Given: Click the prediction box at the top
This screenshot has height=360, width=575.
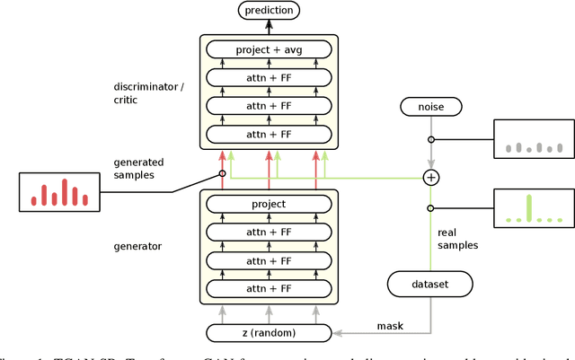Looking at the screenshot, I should (269, 11).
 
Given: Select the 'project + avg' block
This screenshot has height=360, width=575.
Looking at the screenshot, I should (269, 49).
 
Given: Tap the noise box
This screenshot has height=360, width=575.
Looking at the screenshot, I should (431, 107).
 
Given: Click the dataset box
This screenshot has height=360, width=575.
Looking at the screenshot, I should (430, 285).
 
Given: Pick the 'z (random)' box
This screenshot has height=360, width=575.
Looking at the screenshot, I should (269, 333).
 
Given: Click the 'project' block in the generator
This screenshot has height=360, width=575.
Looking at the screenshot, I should (269, 204).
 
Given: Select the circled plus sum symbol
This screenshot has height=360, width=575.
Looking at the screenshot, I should (431, 178).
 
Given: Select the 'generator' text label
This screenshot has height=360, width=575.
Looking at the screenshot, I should (137, 244).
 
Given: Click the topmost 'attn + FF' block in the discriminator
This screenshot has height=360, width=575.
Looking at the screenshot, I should (269, 78).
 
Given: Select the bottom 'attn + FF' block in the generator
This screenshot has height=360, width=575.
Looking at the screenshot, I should (269, 288).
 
